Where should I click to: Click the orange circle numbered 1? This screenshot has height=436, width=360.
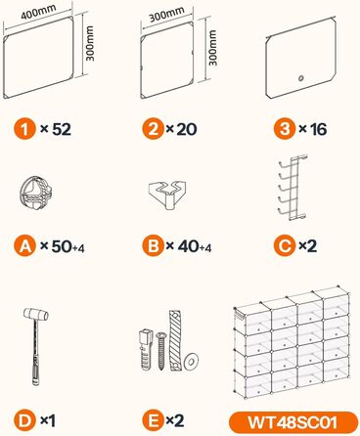tap(24, 129)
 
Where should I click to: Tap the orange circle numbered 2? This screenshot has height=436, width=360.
tap(153, 129)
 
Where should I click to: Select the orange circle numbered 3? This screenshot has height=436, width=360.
tap(285, 129)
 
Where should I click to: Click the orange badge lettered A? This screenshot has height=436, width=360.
tap(24, 246)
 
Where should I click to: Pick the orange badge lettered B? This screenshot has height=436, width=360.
tap(153, 246)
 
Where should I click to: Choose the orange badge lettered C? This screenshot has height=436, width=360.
tap(285, 246)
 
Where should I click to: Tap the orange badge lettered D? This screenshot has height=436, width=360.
tap(24, 421)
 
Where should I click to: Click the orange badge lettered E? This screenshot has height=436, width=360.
tap(153, 421)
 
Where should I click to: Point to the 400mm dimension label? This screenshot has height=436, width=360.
tap(38, 12)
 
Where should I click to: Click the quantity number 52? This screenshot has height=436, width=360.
tap(62, 129)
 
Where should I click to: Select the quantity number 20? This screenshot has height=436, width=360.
tap(186, 129)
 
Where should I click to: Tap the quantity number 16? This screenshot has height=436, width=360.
tap(318, 129)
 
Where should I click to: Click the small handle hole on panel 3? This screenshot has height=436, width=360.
tap(301, 78)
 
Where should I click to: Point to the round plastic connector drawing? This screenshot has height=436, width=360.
tap(35, 193)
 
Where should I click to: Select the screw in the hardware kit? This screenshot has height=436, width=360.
tap(161, 351)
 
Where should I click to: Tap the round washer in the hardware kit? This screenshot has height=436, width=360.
tap(191, 361)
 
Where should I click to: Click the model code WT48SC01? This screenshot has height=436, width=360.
tap(292, 422)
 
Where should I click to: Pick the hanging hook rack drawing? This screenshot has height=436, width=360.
tap(292, 188)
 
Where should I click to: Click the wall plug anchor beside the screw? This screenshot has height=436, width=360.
tap(146, 350)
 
